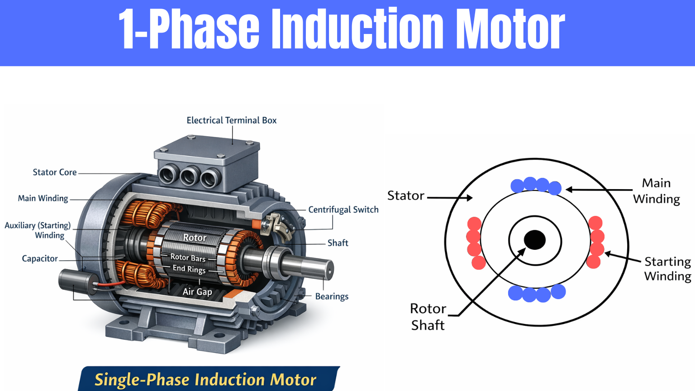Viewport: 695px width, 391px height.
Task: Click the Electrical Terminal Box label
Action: [x=231, y=120]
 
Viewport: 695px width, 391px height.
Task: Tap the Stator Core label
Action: [x=54, y=172]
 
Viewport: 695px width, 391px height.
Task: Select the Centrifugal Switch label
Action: [x=343, y=210]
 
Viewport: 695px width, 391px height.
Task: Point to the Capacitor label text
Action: [x=40, y=259]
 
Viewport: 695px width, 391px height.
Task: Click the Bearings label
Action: [x=332, y=296]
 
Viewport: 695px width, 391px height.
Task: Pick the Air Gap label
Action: [x=197, y=292]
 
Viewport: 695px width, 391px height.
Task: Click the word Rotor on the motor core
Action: [x=195, y=238]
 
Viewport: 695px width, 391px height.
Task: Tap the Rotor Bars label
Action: [x=188, y=257]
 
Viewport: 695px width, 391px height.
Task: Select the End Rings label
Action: [x=189, y=269]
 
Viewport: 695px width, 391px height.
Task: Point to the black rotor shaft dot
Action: [x=535, y=240]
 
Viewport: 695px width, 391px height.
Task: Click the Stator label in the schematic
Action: [x=406, y=195]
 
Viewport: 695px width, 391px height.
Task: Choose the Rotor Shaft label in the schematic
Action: [x=428, y=317]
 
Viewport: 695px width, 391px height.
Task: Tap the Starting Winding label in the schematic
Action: [x=667, y=269]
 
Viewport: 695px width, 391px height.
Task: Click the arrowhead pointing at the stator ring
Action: [x=470, y=198]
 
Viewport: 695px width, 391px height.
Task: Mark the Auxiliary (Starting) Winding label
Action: [x=38, y=230]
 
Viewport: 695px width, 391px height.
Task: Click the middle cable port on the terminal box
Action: [x=189, y=176]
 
